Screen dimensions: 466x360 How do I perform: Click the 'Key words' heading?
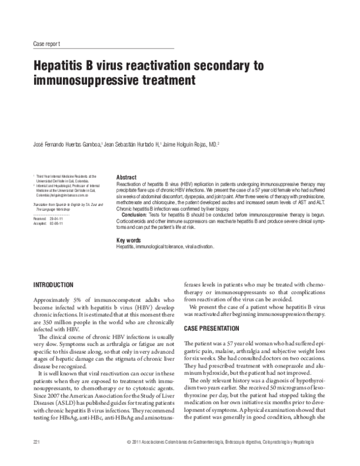(128, 240)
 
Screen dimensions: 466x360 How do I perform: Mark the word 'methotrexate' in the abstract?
(130, 202)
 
